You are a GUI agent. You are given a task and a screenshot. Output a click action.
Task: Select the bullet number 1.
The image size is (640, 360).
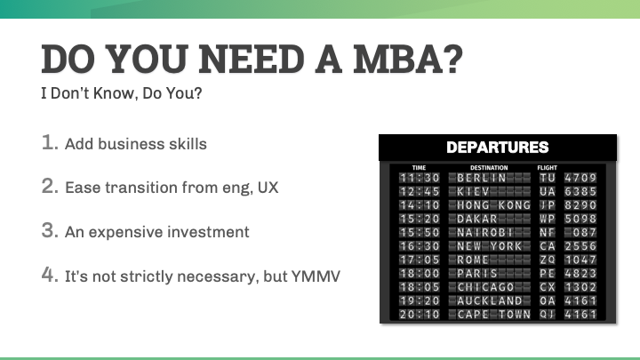pos(50,142)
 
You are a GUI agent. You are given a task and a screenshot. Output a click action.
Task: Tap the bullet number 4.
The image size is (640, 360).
pos(50,276)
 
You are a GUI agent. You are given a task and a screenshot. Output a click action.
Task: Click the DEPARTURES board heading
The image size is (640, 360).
pos(497,148)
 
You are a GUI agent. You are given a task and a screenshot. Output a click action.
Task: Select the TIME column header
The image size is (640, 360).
pos(420,167)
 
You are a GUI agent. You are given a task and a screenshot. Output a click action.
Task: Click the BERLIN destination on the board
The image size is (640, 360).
pos(481,178)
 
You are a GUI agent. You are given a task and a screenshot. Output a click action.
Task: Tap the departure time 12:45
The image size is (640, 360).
pos(420,191)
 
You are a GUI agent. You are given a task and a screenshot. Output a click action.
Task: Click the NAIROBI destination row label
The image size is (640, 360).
pos(486,232)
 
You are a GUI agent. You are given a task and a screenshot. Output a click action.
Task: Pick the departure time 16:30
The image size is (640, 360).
pos(420,246)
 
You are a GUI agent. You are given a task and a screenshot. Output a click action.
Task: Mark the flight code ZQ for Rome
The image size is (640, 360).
pos(547,260)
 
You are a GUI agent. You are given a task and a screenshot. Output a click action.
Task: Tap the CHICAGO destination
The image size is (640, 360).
pos(486,287)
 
